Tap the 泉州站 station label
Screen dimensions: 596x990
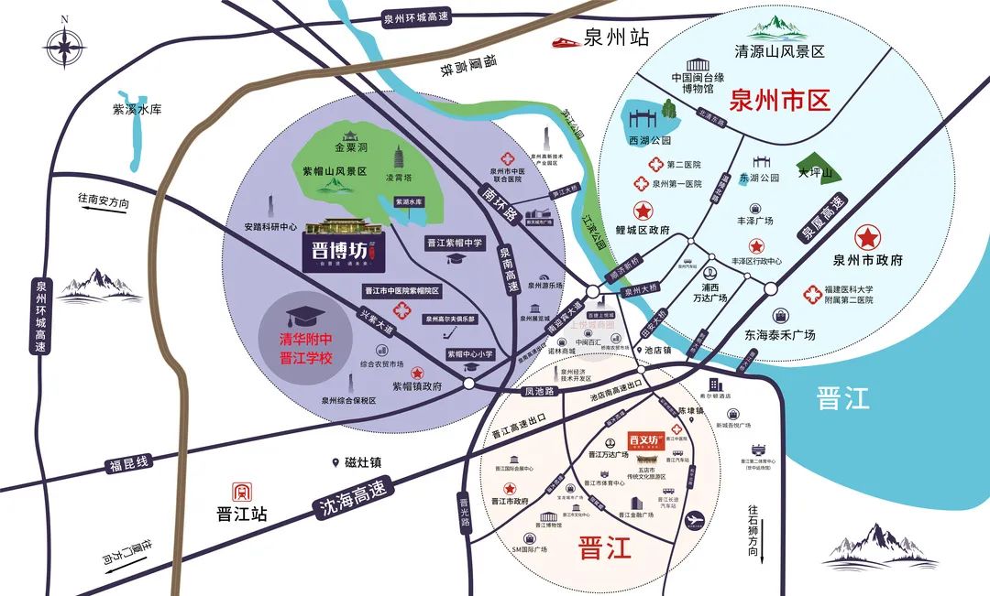[x=616, y=38]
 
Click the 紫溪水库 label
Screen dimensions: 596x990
[x=137, y=109]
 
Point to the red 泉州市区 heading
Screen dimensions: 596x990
[x=779, y=100]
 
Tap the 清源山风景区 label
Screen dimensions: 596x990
[x=780, y=51]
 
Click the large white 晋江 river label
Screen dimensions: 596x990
[x=841, y=398]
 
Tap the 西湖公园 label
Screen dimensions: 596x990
[x=650, y=141]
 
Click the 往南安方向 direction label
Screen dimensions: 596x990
[x=104, y=201]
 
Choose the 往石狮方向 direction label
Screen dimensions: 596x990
[x=753, y=528]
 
